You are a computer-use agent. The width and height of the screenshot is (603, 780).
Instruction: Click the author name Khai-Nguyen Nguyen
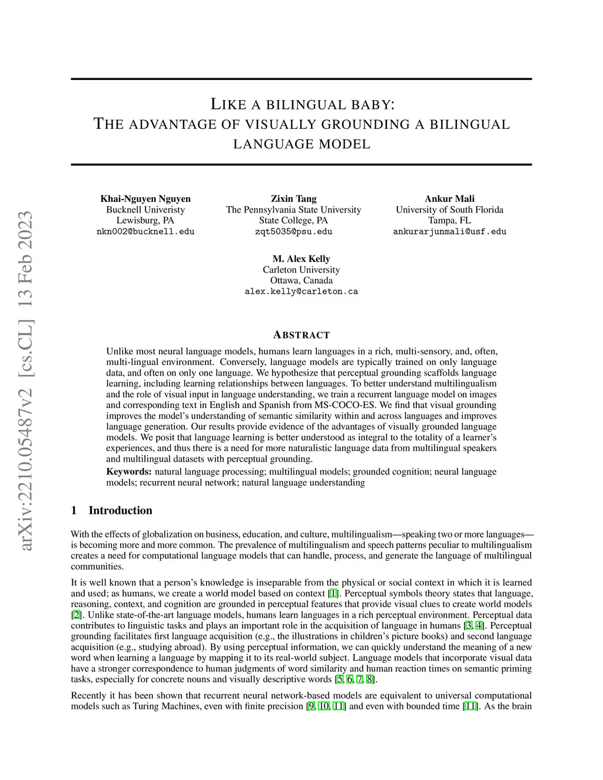pos(145,198)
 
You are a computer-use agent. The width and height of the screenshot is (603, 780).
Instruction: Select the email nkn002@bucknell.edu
pos(145,231)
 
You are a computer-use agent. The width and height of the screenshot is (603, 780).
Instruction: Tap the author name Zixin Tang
pos(293,198)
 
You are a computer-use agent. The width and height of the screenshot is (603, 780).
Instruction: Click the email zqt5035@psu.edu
pos(293,231)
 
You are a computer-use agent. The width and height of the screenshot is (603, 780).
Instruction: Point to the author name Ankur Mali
pos(449,198)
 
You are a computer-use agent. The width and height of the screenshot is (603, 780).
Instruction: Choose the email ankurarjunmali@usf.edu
pos(449,231)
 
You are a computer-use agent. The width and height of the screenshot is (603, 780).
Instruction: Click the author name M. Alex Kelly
pos(301,258)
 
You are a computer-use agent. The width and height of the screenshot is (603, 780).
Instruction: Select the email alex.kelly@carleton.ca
pos(301,291)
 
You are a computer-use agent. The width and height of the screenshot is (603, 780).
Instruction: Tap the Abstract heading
pos(301,335)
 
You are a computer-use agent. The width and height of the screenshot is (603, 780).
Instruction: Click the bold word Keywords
pos(128,472)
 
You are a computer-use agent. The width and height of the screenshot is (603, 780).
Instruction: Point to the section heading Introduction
pos(120,510)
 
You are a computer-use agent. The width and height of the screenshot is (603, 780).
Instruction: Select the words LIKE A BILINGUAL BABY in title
pos(302,105)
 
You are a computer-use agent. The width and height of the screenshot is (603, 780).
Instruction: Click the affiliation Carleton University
pos(301,270)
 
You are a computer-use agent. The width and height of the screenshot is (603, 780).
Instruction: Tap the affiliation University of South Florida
pos(449,210)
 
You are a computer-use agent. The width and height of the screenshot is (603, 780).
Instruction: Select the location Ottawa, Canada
pos(301,280)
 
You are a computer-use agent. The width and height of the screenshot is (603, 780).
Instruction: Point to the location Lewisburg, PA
pos(145,220)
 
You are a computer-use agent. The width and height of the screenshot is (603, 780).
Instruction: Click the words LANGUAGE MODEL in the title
pos(302,144)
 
